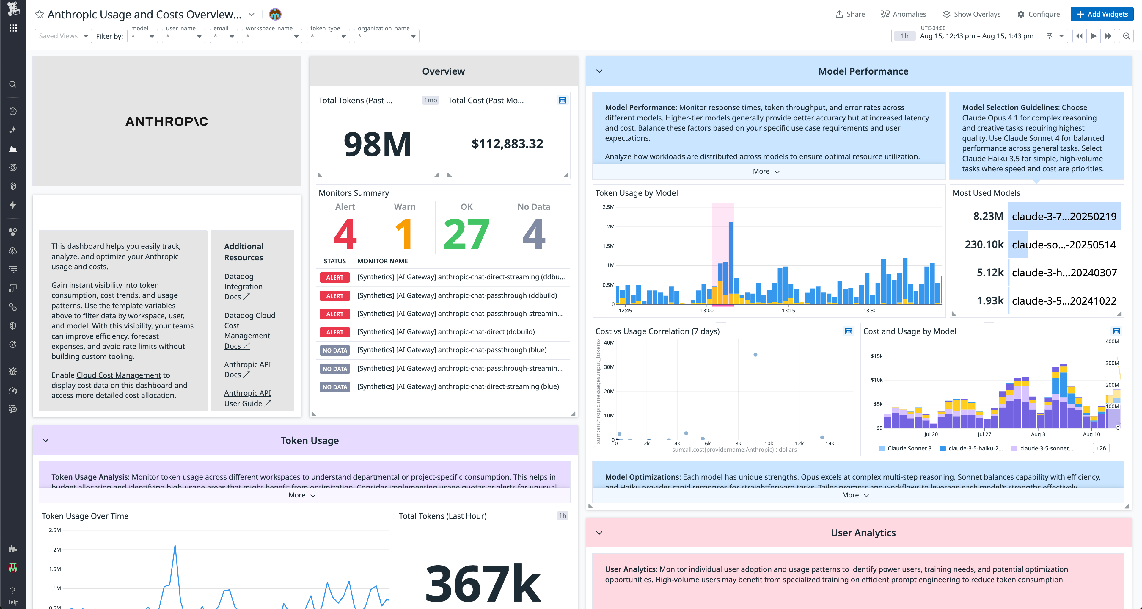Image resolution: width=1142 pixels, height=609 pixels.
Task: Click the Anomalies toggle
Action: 904,14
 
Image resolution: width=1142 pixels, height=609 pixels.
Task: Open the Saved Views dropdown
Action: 63,36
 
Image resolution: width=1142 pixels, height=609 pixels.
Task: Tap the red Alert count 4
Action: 345,234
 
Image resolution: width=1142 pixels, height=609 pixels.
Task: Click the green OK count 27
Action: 466,234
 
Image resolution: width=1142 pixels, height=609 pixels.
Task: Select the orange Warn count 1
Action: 404,234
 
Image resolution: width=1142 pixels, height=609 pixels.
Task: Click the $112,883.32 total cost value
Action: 507,144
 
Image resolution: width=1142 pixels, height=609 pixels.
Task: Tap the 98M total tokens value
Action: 378,145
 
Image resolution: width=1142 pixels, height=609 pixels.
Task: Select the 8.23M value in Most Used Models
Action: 988,217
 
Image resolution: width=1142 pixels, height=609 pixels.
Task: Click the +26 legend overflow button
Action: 1101,448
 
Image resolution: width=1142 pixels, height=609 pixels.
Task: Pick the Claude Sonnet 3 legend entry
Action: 909,448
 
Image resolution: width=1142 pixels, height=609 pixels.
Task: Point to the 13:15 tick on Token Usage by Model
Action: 788,311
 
